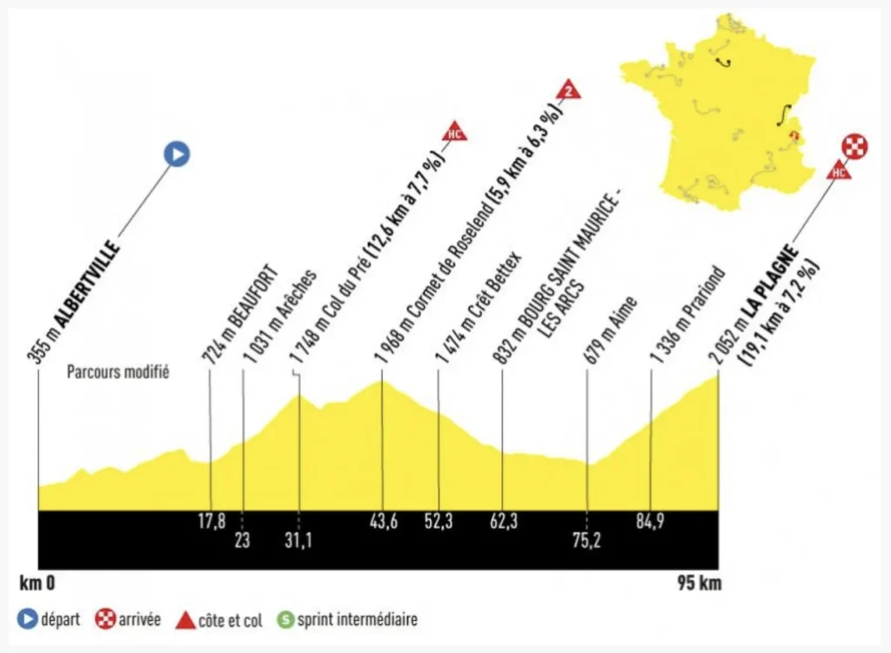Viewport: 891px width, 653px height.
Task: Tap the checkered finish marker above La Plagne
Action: tap(857, 145)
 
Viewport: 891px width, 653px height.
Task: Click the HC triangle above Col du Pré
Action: tap(454, 132)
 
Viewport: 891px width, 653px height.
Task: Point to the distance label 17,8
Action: tap(211, 522)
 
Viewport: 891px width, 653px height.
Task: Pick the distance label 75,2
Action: tap(586, 541)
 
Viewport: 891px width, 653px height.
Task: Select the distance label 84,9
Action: tap(652, 522)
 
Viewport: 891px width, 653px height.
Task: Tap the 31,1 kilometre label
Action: tap(298, 541)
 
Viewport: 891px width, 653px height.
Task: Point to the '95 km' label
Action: tap(699, 583)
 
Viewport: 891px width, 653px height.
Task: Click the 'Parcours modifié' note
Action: tap(118, 373)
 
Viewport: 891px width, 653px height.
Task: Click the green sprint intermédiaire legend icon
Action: tap(284, 621)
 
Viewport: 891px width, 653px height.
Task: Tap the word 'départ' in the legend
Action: tap(60, 621)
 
